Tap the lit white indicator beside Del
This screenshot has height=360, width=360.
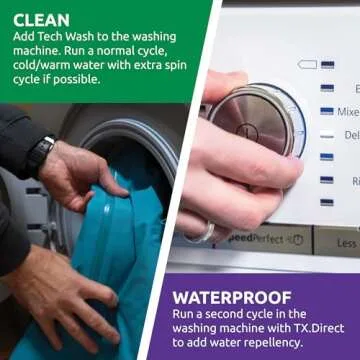point(327,135)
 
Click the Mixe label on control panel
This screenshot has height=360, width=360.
point(348,112)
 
